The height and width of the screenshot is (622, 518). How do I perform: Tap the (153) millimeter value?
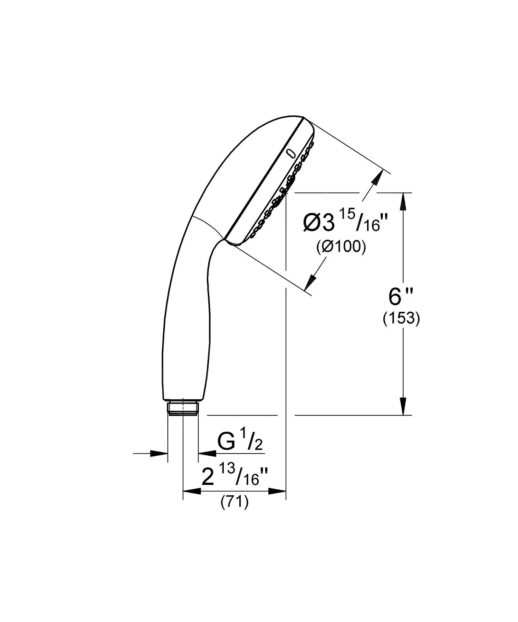[x=401, y=319]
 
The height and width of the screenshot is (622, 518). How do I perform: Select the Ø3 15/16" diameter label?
[x=346, y=222]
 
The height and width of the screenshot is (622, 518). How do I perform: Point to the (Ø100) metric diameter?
[x=341, y=247]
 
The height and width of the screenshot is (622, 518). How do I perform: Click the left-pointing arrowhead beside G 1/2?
[x=207, y=453]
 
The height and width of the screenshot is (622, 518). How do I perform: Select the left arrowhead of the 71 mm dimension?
[x=192, y=491]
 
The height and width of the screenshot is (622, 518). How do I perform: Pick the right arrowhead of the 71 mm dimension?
[x=277, y=491]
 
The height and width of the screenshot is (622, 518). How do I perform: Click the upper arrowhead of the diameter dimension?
[x=378, y=177]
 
